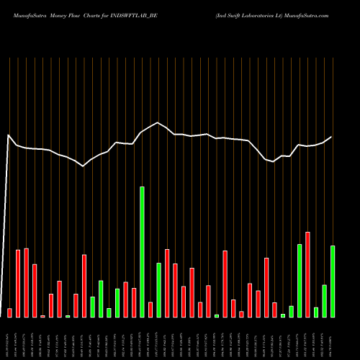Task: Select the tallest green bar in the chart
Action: click(143, 252)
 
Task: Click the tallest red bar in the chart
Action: click(308, 274)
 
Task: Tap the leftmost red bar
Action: click(9, 312)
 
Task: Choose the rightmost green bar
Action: click(333, 282)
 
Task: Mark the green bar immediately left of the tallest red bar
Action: click(300, 281)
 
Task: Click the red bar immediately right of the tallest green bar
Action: click(150, 310)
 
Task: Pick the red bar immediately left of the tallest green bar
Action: click(134, 302)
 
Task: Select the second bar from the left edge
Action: click(18, 283)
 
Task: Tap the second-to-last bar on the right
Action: click(325, 301)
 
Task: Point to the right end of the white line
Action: click(332, 137)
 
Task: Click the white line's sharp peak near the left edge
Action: click(9, 135)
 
